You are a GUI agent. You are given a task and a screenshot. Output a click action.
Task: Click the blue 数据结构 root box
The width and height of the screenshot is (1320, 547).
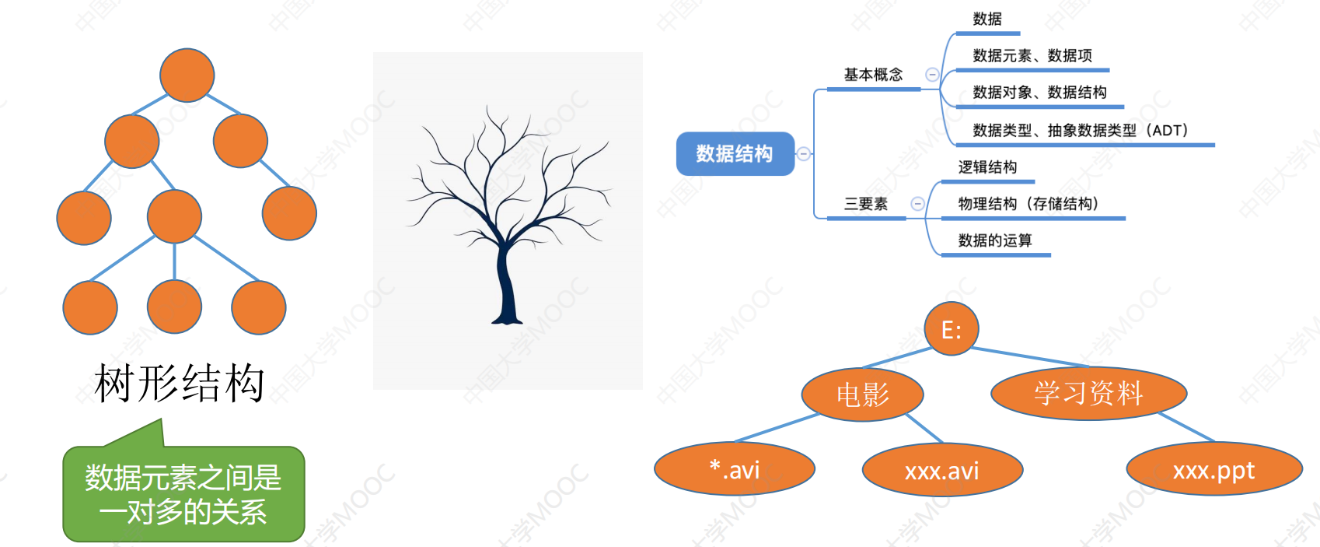[735, 154]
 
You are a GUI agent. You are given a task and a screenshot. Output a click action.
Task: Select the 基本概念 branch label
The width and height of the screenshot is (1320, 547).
[873, 75]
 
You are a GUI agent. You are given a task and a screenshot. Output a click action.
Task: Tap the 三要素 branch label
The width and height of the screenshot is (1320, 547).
[865, 204]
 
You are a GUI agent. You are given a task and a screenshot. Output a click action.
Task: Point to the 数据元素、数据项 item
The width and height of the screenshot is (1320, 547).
[1032, 55]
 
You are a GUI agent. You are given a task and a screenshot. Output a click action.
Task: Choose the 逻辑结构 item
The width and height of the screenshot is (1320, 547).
[987, 167]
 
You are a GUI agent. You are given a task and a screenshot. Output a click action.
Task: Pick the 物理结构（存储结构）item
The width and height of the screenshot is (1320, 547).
[1028, 204]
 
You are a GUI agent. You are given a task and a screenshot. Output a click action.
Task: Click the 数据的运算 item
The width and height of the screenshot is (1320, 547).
[994, 240]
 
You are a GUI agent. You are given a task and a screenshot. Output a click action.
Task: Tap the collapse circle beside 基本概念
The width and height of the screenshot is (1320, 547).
[932, 75]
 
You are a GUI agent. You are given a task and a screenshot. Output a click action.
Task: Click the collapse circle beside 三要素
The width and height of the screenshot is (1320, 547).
[917, 204]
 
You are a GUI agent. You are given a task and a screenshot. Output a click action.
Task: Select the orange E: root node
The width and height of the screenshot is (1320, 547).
[952, 329]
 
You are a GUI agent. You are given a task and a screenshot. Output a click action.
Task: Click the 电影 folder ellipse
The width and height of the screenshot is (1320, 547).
[863, 394]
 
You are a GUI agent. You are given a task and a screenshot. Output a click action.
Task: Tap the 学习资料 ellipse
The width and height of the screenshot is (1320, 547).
[1088, 393]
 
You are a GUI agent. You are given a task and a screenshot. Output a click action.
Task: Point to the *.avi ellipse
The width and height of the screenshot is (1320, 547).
[735, 469]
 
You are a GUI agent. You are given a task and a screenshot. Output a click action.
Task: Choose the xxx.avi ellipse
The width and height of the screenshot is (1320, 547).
[942, 470]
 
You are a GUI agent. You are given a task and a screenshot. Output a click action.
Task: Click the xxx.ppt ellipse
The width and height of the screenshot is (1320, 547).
[1213, 469]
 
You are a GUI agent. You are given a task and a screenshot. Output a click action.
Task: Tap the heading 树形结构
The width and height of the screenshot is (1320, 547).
[180, 383]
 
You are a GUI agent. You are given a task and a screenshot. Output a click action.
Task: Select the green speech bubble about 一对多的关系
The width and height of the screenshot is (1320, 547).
[183, 494]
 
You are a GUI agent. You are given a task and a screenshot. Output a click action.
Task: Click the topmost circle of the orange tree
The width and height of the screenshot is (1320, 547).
[187, 75]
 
